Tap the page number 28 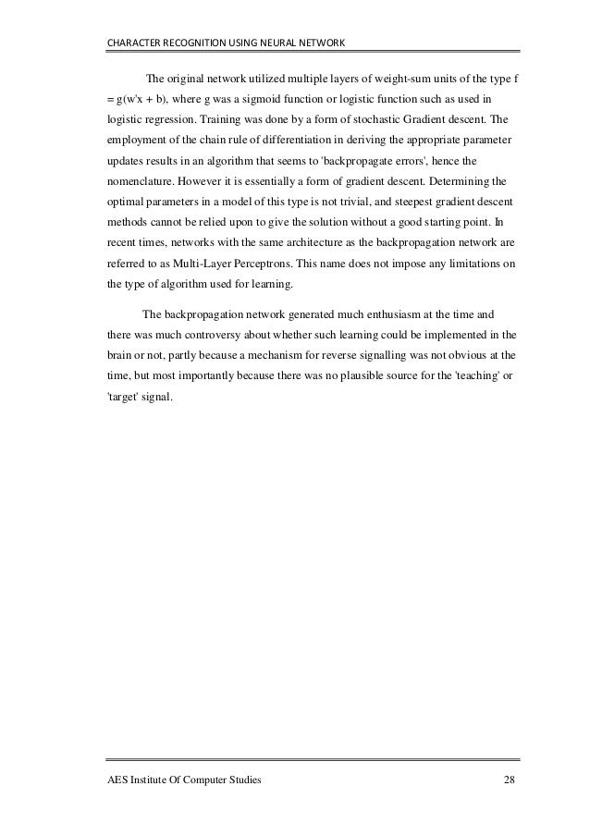[510, 781]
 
